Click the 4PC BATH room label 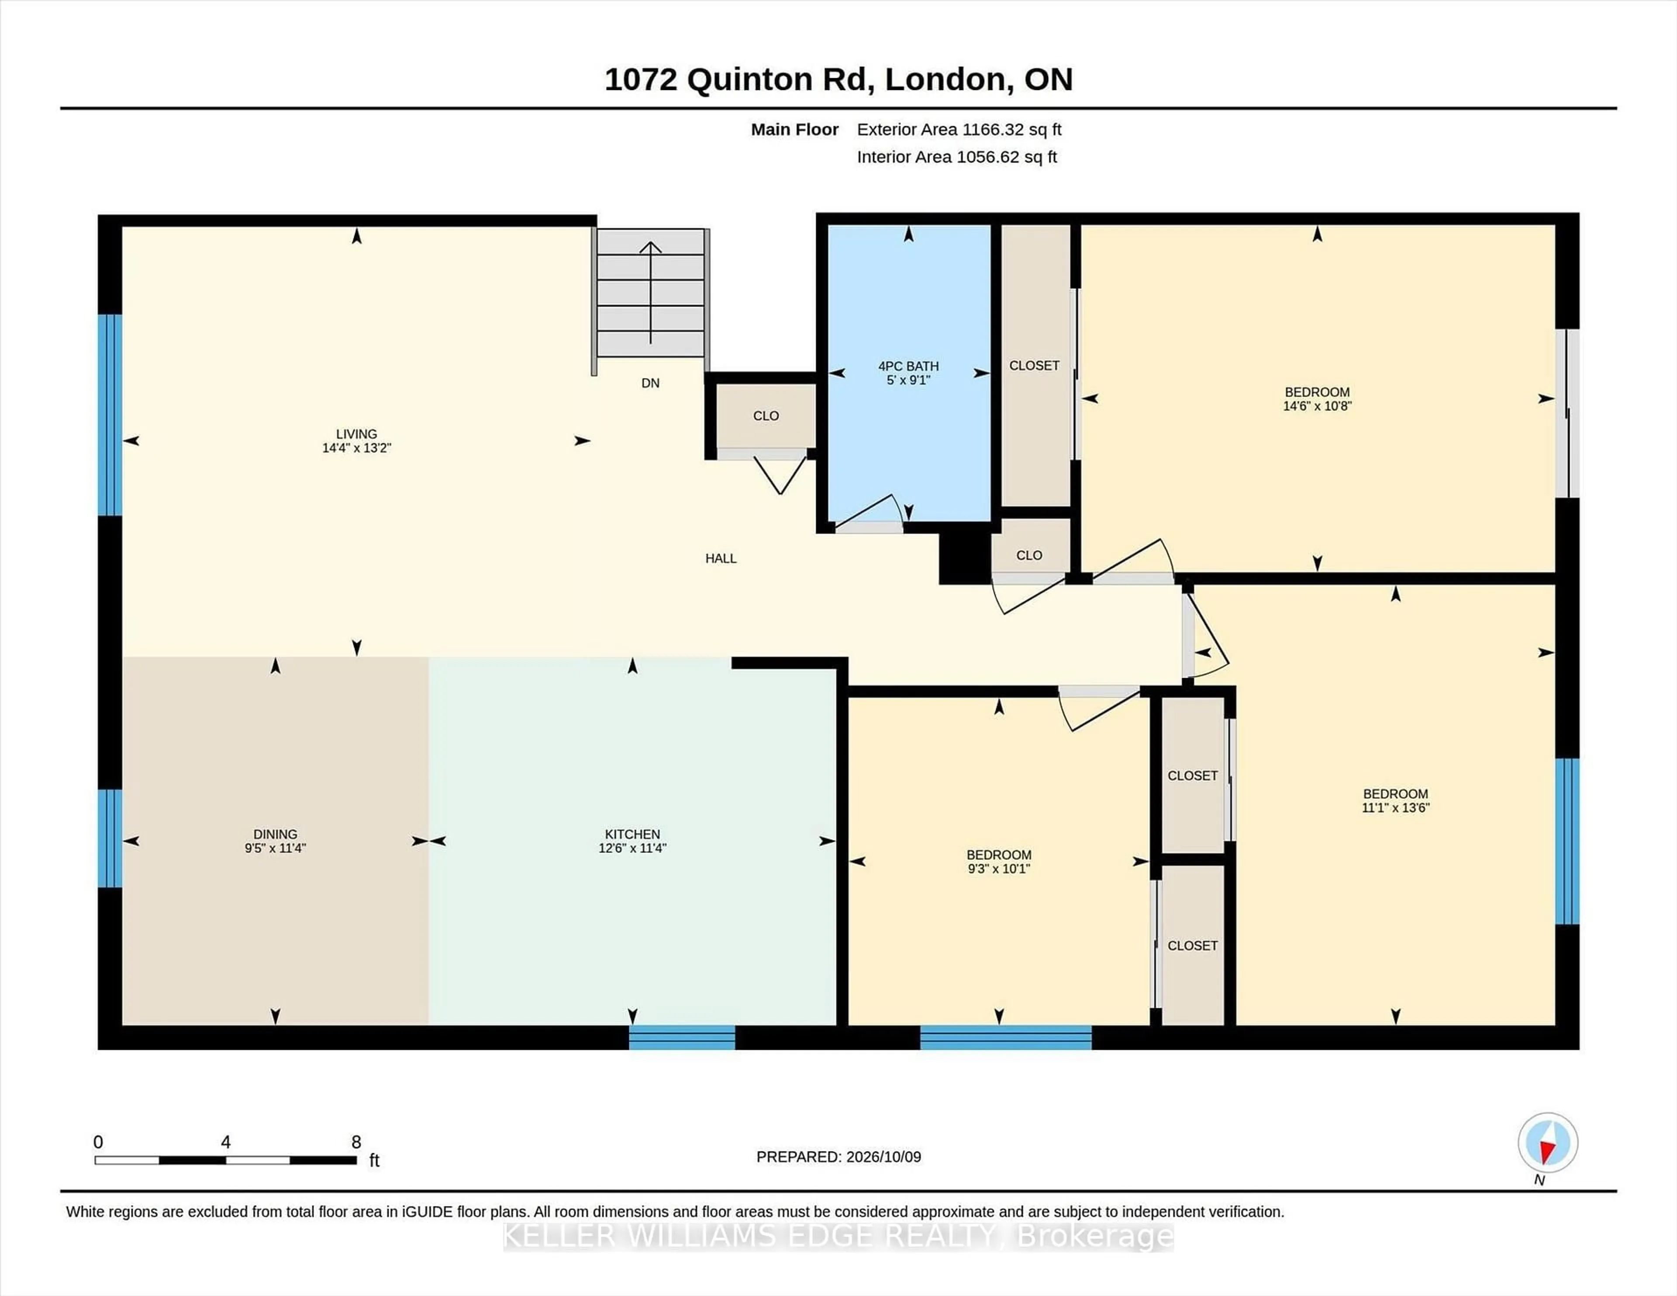click(x=908, y=366)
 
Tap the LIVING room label click(x=356, y=434)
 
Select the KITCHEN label click(x=632, y=834)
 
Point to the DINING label click(x=275, y=834)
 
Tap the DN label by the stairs click(x=650, y=383)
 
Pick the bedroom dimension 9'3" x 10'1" click(x=998, y=869)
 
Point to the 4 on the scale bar click(x=226, y=1142)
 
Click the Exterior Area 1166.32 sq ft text click(x=959, y=130)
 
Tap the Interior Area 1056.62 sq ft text click(x=957, y=157)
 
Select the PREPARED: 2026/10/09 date click(x=838, y=1156)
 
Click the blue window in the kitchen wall click(x=682, y=1037)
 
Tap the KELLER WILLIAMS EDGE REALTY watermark click(x=838, y=1236)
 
